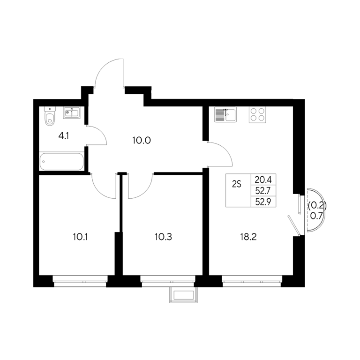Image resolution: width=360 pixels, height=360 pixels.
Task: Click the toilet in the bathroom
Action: click(50, 116)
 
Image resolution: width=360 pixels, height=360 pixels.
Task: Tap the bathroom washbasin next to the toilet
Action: click(72, 112)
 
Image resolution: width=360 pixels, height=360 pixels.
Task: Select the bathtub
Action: click(61, 161)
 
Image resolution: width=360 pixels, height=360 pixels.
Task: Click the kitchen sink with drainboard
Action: click(225, 114)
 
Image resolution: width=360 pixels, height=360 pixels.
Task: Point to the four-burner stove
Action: click(257, 114)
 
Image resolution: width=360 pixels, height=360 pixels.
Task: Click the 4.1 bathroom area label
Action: click(64, 136)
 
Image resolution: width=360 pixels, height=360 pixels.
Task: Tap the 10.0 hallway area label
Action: click(142, 140)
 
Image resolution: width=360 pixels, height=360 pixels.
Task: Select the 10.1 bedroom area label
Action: click(80, 237)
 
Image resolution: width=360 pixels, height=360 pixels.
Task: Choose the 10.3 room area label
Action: click(163, 237)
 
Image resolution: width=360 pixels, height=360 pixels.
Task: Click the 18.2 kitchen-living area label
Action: click(248, 237)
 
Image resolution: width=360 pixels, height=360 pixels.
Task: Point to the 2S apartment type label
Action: click(237, 184)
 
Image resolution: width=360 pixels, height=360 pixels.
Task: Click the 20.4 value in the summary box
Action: click(263, 180)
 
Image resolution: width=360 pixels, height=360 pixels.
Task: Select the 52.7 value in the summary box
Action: click(263, 191)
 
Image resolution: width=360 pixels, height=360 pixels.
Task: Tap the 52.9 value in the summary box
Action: click(263, 202)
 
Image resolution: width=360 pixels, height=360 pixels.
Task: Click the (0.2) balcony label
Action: click(317, 205)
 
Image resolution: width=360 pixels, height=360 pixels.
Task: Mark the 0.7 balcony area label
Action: click(316, 216)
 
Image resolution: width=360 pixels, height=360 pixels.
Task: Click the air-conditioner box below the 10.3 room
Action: click(183, 295)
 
